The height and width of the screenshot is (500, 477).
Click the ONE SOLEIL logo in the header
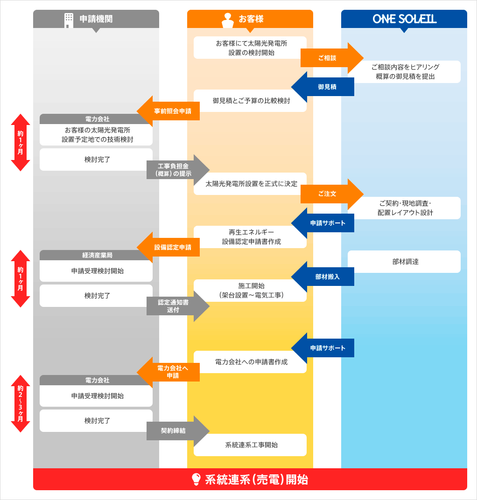pyautogui.click(x=404, y=19)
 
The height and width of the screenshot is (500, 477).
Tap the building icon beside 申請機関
pyautogui.click(x=69, y=20)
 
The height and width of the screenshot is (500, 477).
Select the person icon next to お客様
pyautogui.click(x=228, y=20)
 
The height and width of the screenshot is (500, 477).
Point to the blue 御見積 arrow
pyautogui.click(x=324, y=87)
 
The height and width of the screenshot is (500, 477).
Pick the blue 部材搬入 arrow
pyautogui.click(x=324, y=277)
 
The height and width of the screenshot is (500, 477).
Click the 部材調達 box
pyautogui.click(x=404, y=262)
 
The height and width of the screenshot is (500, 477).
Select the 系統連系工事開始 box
pyautogui.click(x=250, y=445)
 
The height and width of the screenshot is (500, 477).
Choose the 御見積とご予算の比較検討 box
pyautogui.click(x=250, y=101)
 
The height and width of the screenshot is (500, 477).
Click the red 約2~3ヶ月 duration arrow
pyautogui.click(x=21, y=403)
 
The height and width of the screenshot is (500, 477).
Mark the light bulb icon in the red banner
pyautogui.click(x=196, y=479)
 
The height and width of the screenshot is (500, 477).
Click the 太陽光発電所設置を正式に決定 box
pyautogui.click(x=250, y=184)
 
